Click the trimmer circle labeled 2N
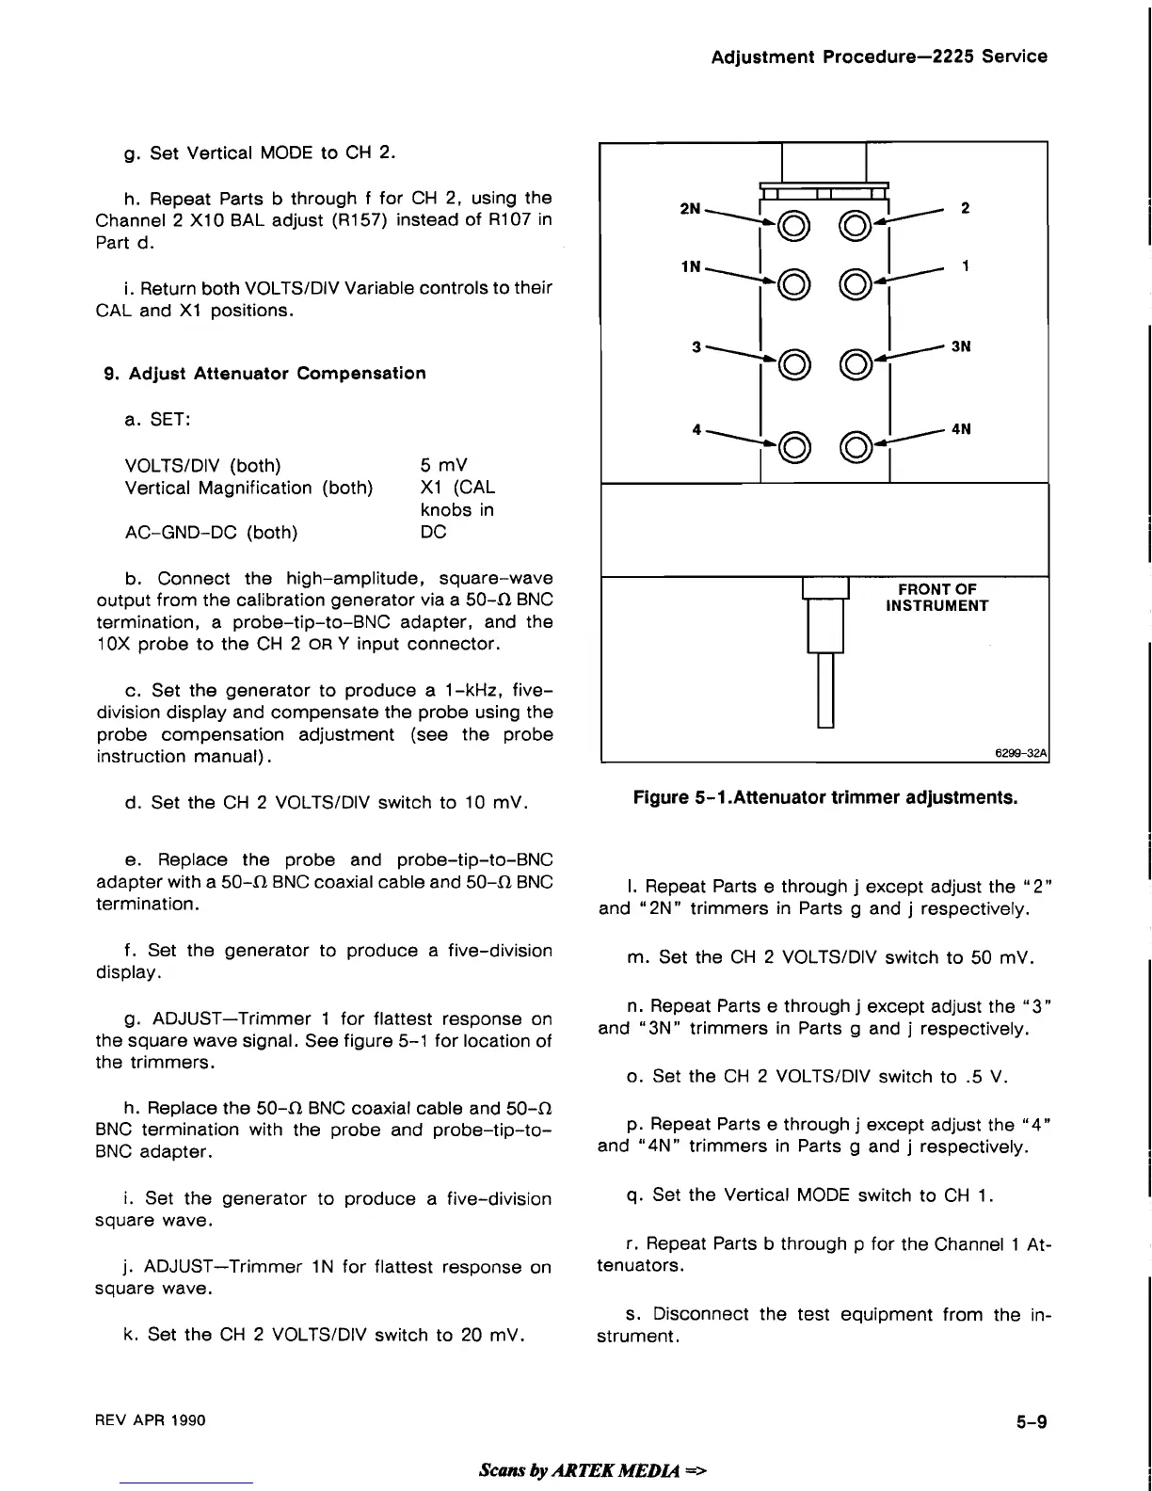[x=792, y=224]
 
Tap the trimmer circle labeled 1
[x=856, y=281]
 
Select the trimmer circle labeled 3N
[x=856, y=361]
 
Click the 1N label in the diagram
[x=690, y=266]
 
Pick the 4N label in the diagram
[x=961, y=429]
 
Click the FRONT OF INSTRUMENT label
[x=936, y=598]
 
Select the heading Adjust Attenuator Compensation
[x=264, y=373]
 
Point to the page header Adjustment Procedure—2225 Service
[x=879, y=56]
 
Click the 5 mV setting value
[x=443, y=465]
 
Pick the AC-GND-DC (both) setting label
[x=211, y=533]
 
